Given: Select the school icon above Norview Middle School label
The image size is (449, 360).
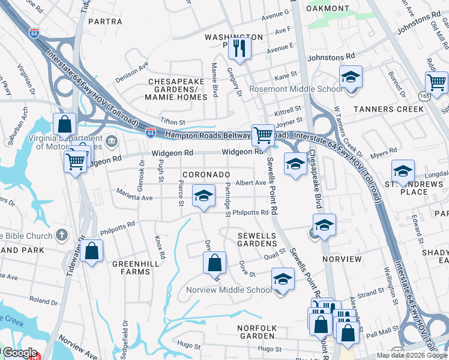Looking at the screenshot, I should [283, 280].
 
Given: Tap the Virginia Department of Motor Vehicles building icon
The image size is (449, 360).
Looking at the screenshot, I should [112, 142].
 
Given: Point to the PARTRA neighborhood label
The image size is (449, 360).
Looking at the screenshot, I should [105, 22].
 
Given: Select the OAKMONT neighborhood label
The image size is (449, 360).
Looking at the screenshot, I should [328, 8].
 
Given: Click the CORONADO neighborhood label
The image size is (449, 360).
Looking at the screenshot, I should [206, 175].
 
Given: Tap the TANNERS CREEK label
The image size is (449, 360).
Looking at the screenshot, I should [389, 109].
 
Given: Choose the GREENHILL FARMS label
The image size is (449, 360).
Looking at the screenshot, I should [130, 267].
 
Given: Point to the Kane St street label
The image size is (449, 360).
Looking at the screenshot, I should [286, 77].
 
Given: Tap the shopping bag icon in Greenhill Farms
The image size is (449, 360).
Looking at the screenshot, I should [91, 252].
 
